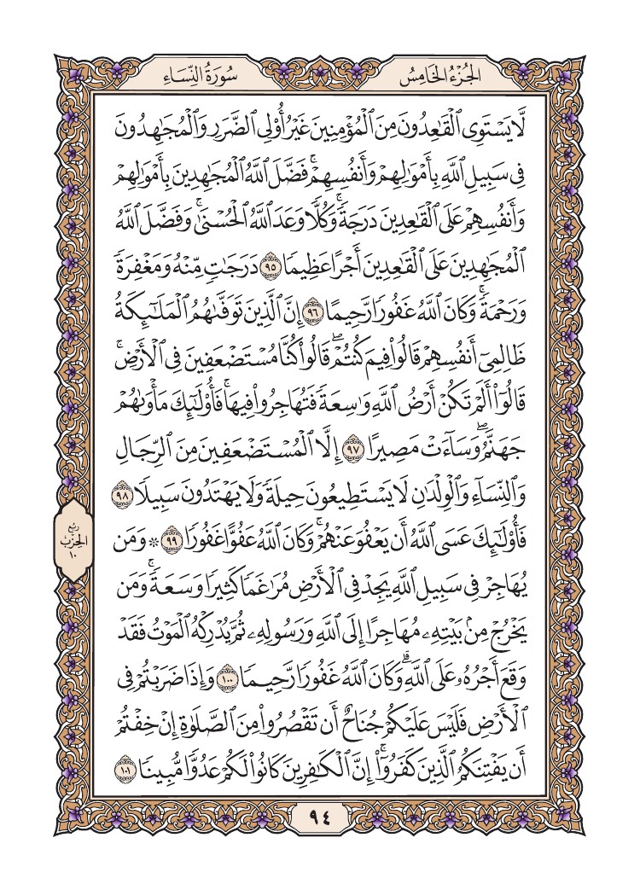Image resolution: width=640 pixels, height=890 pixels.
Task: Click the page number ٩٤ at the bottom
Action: tap(320, 819)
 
